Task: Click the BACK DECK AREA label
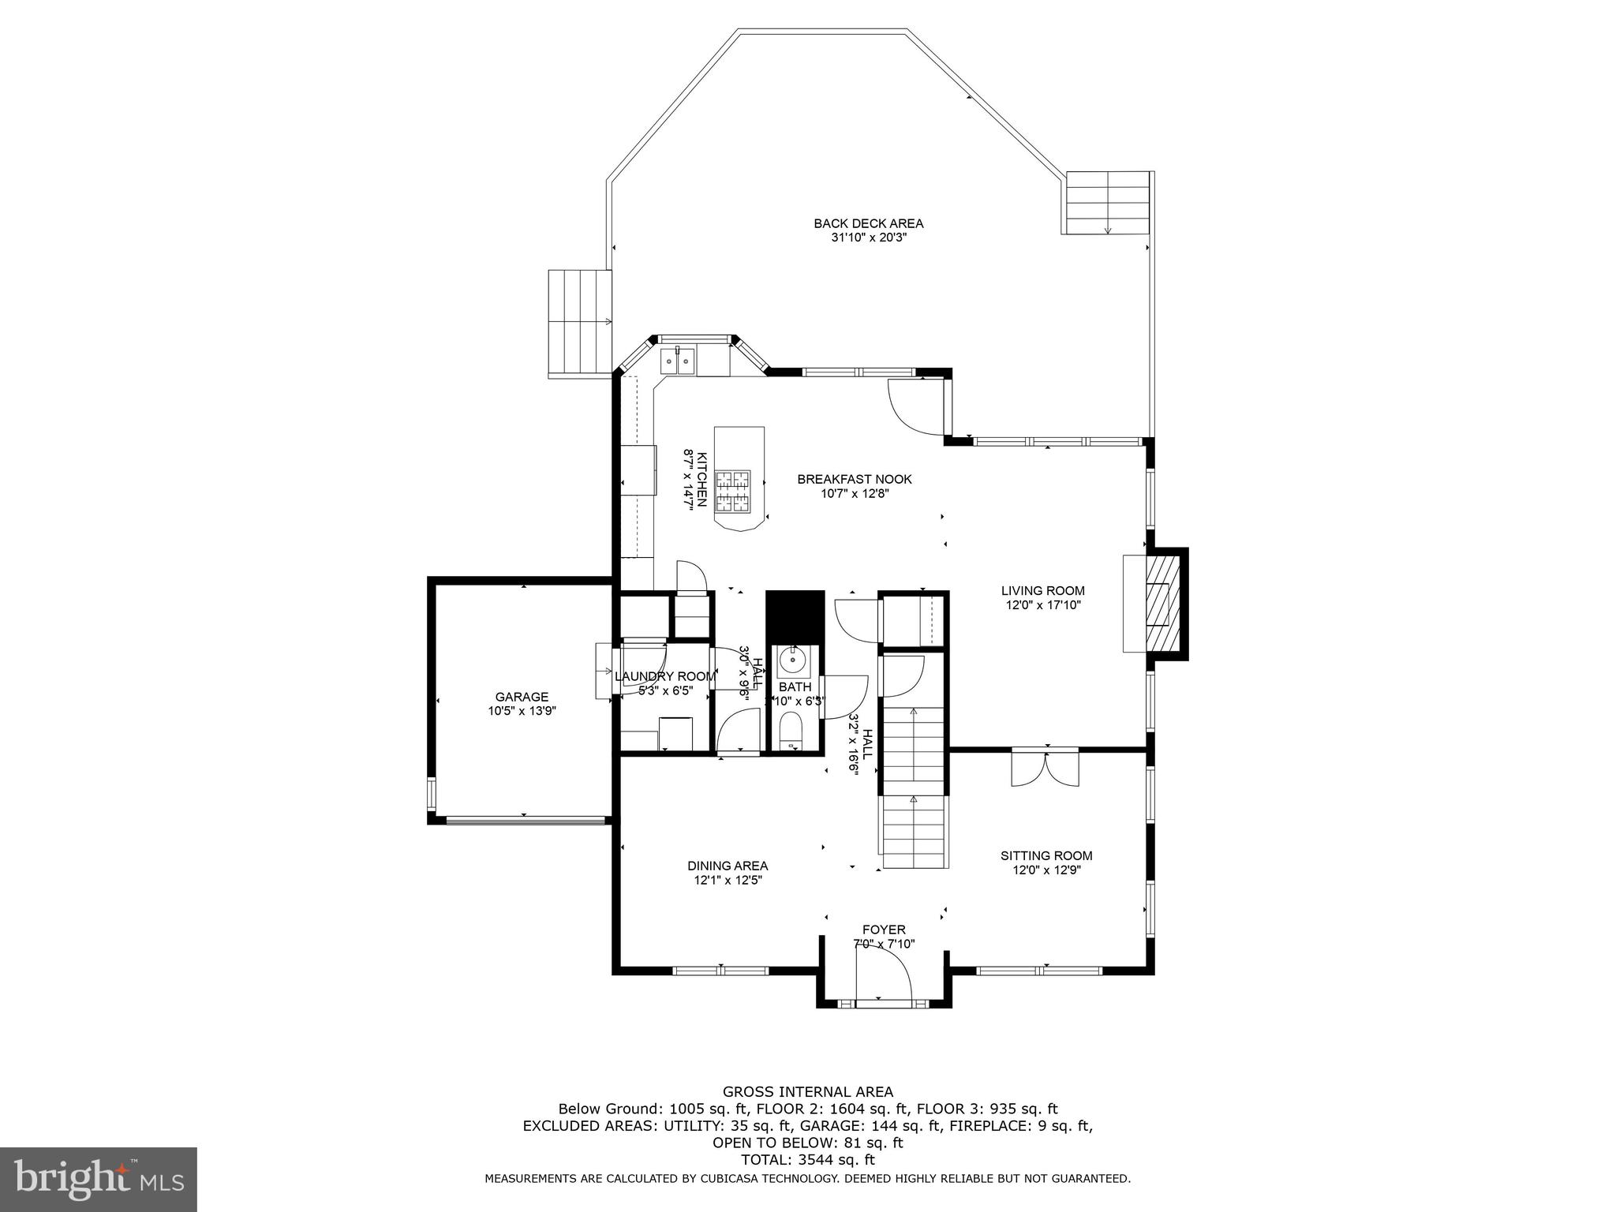pyautogui.click(x=868, y=223)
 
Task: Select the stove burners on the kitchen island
pyautogui.click(x=732, y=492)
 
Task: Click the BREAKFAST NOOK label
pyautogui.click(x=854, y=479)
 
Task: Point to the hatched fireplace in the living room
pyautogui.click(x=1159, y=604)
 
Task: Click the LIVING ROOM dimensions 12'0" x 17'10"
pyautogui.click(x=1042, y=605)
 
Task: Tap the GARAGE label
pyautogui.click(x=522, y=697)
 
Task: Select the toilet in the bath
pyautogui.click(x=790, y=730)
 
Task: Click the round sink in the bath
pyautogui.click(x=791, y=659)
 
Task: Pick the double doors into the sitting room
pyautogui.click(x=1046, y=768)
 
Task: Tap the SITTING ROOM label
pyautogui.click(x=1046, y=855)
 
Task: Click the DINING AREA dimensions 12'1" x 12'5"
pyautogui.click(x=727, y=880)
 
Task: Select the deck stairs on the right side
pyautogui.click(x=1107, y=203)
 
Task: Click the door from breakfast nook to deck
pyautogui.click(x=915, y=406)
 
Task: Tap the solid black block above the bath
pyautogui.click(x=795, y=617)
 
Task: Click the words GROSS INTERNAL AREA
pyautogui.click(x=808, y=1092)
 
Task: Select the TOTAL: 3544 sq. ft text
pyautogui.click(x=808, y=1160)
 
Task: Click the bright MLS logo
pyautogui.click(x=98, y=1179)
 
